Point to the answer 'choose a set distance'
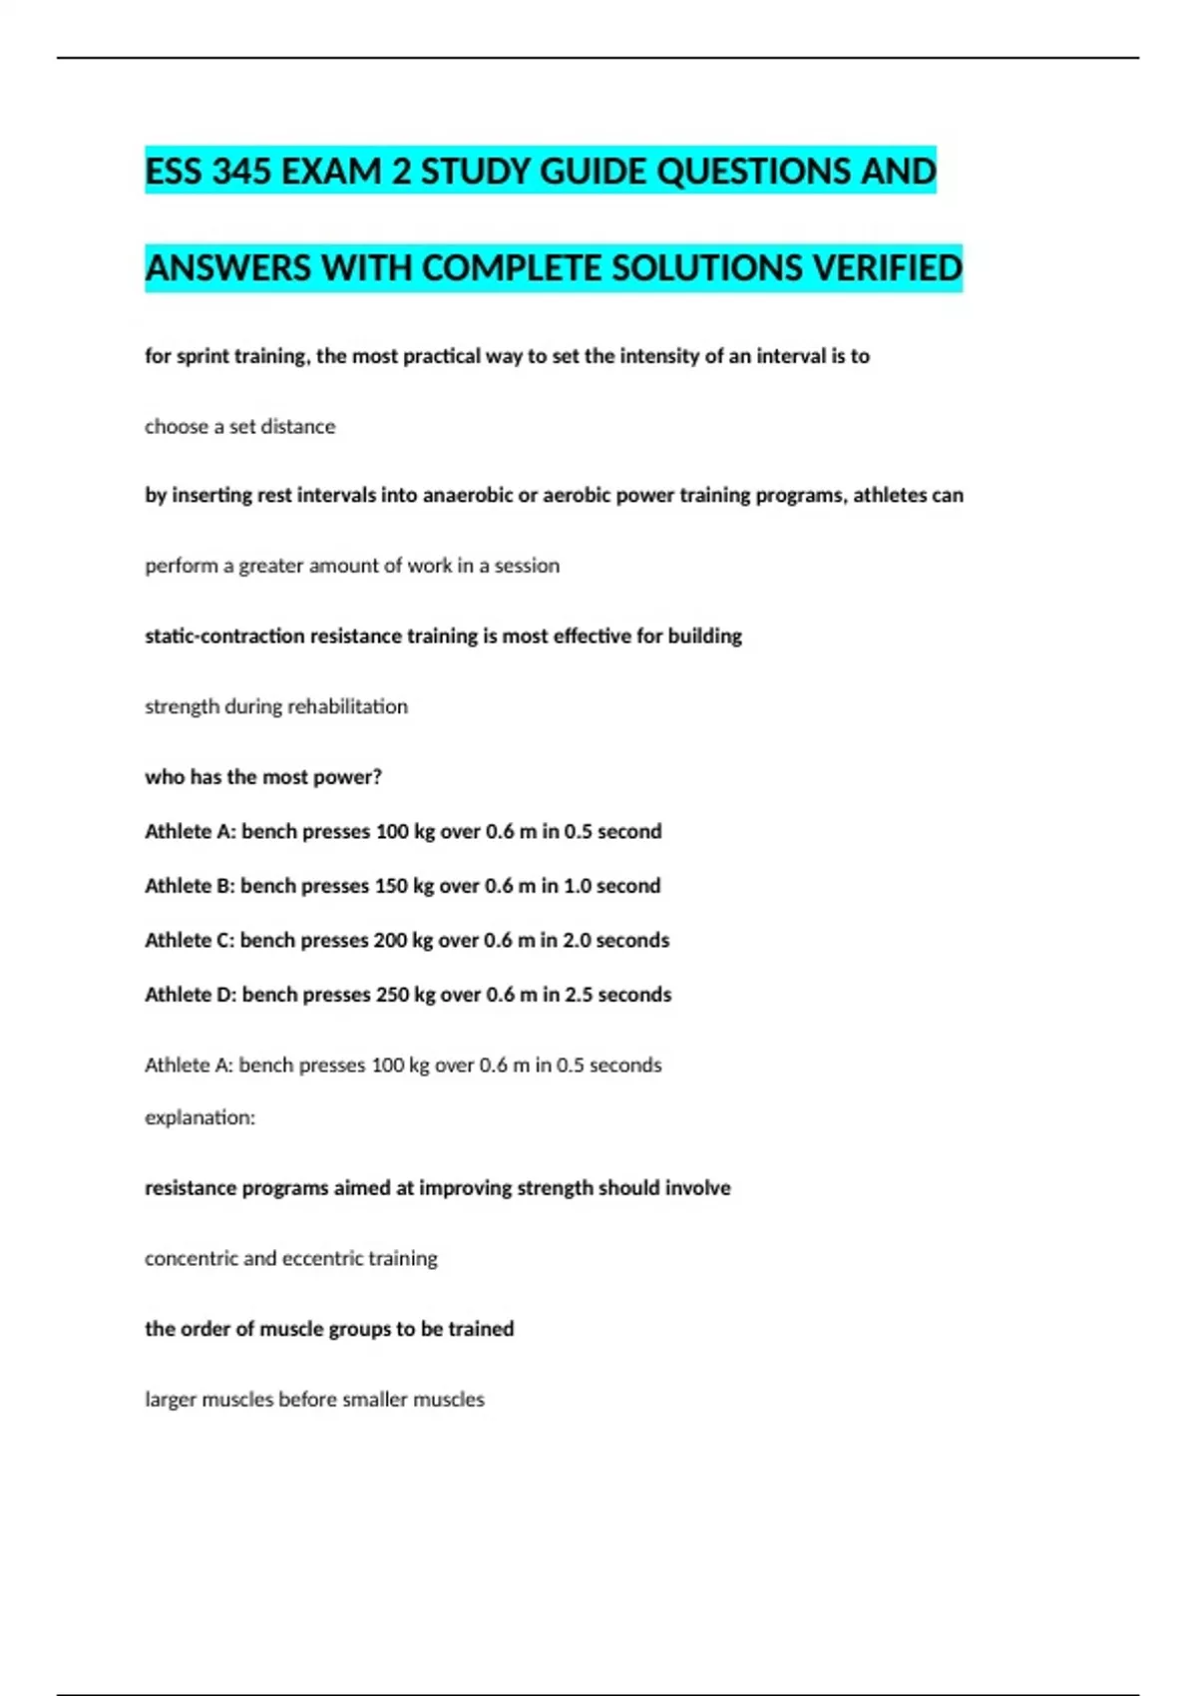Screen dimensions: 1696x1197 click(239, 427)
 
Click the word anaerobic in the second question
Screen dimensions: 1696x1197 click(468, 496)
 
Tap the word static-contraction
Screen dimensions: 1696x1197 click(224, 636)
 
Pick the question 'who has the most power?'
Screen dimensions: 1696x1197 click(263, 777)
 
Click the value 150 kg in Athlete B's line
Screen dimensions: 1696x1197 click(404, 886)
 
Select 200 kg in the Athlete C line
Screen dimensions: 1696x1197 click(404, 941)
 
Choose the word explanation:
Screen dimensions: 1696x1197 click(199, 1118)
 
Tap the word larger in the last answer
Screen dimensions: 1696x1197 click(171, 1400)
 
